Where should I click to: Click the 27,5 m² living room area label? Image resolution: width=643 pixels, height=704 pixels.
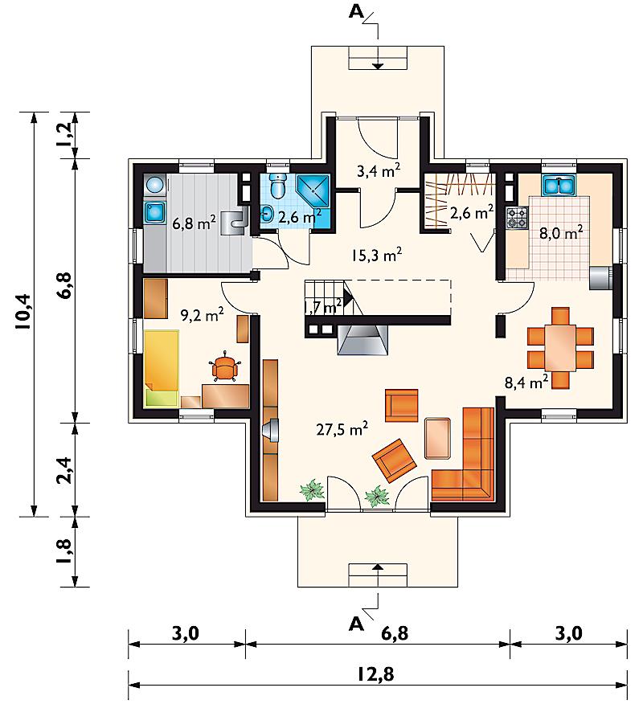(x=342, y=429)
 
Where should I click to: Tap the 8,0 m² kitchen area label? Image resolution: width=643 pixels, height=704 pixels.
(x=561, y=233)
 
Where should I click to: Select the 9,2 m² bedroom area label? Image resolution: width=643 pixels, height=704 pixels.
(x=202, y=315)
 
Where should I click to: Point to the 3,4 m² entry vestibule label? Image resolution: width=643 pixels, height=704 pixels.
(x=378, y=171)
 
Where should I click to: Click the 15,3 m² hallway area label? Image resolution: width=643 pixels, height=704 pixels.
(x=376, y=255)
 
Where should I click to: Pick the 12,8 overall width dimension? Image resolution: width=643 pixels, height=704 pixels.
(x=376, y=673)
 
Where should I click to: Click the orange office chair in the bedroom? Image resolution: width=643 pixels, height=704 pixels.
(x=224, y=367)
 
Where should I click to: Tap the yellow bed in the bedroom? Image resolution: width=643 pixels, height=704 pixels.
(x=162, y=368)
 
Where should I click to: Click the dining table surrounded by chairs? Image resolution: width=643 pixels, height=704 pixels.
(x=560, y=347)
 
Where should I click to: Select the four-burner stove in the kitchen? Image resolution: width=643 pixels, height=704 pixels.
(x=517, y=218)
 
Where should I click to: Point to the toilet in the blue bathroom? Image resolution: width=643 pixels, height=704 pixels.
(x=277, y=186)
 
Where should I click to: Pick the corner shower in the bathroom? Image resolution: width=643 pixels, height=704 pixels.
(x=313, y=190)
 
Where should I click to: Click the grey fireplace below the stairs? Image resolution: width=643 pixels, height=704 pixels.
(x=362, y=339)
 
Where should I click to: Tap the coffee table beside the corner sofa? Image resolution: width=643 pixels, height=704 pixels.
(x=437, y=438)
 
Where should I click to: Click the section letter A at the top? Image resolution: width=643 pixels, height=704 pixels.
(x=356, y=12)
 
